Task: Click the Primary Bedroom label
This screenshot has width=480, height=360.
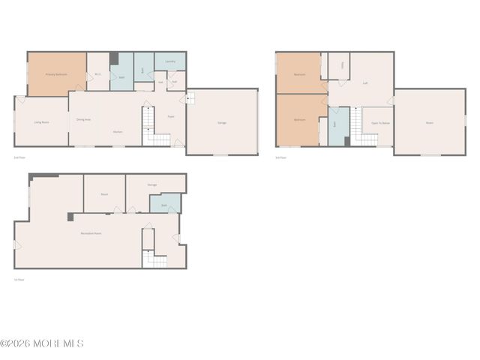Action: (x=56, y=74)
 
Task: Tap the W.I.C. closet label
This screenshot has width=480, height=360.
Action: (x=98, y=74)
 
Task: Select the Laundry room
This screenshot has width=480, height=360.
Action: (x=170, y=61)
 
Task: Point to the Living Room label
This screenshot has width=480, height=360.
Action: (x=41, y=121)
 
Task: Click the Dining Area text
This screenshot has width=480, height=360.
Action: (x=84, y=119)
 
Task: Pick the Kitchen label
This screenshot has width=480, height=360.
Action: (x=118, y=132)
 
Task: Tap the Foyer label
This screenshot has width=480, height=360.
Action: (x=171, y=117)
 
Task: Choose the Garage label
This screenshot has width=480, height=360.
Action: (x=222, y=122)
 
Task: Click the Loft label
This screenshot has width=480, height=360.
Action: (x=365, y=83)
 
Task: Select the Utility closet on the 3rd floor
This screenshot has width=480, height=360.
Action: (x=343, y=66)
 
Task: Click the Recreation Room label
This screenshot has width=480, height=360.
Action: (x=91, y=234)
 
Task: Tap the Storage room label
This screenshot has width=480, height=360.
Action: (x=152, y=184)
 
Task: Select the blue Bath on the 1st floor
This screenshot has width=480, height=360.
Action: (x=163, y=203)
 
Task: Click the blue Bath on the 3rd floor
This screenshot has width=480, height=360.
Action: (x=334, y=123)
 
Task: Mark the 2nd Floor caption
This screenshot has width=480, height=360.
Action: (x=19, y=157)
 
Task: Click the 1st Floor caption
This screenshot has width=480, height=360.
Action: (x=19, y=280)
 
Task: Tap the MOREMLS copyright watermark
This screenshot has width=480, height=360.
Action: (x=42, y=343)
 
